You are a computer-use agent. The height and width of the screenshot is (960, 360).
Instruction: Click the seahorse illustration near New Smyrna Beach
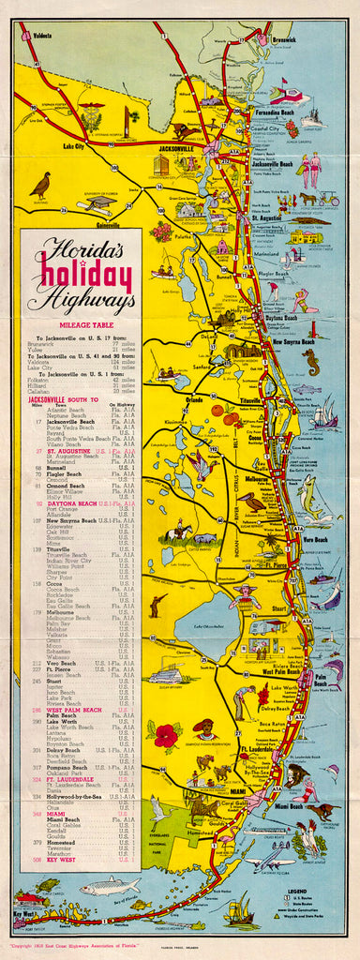click(x=312, y=362)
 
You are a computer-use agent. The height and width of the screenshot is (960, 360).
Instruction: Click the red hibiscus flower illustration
click(x=166, y=736)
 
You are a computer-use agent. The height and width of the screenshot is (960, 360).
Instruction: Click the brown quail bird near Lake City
click(x=40, y=186)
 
